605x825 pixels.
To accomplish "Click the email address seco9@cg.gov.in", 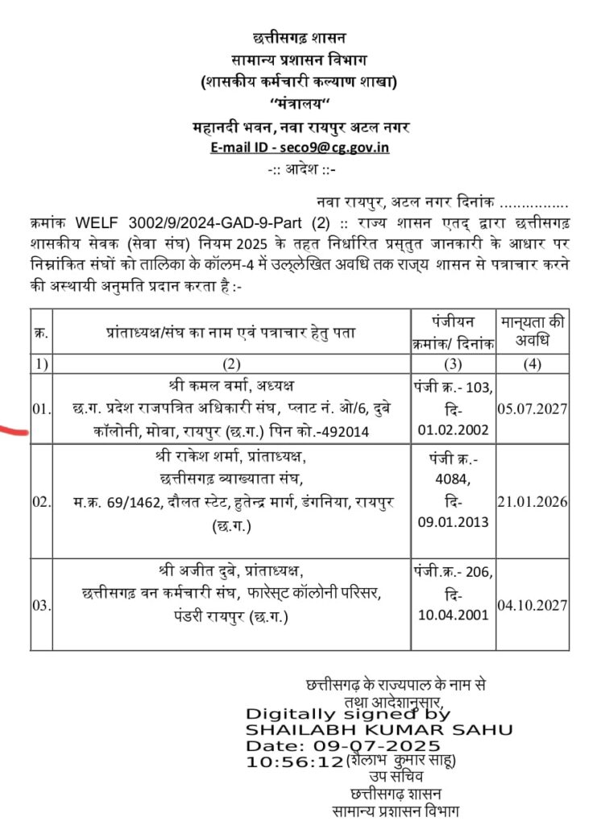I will coord(338,148).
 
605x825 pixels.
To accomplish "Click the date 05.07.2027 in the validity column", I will coord(533,408).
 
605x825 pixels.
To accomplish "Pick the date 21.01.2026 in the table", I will coord(533,502).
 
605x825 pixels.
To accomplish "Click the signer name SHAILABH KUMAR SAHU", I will coord(379,730).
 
